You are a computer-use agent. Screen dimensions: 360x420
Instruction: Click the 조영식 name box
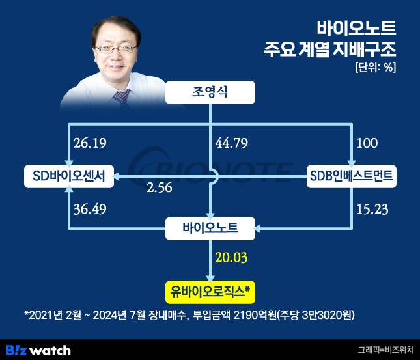click(x=210, y=93)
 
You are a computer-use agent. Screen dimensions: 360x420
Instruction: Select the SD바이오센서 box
click(x=68, y=175)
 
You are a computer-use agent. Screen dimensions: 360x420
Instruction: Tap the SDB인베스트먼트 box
click(x=352, y=175)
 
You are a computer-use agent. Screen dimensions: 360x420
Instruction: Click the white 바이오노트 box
click(x=210, y=228)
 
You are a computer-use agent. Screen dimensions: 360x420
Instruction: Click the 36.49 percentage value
click(x=92, y=210)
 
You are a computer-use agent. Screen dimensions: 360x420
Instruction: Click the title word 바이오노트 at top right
click(x=356, y=28)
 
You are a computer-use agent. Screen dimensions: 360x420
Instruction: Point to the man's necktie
click(x=120, y=98)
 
